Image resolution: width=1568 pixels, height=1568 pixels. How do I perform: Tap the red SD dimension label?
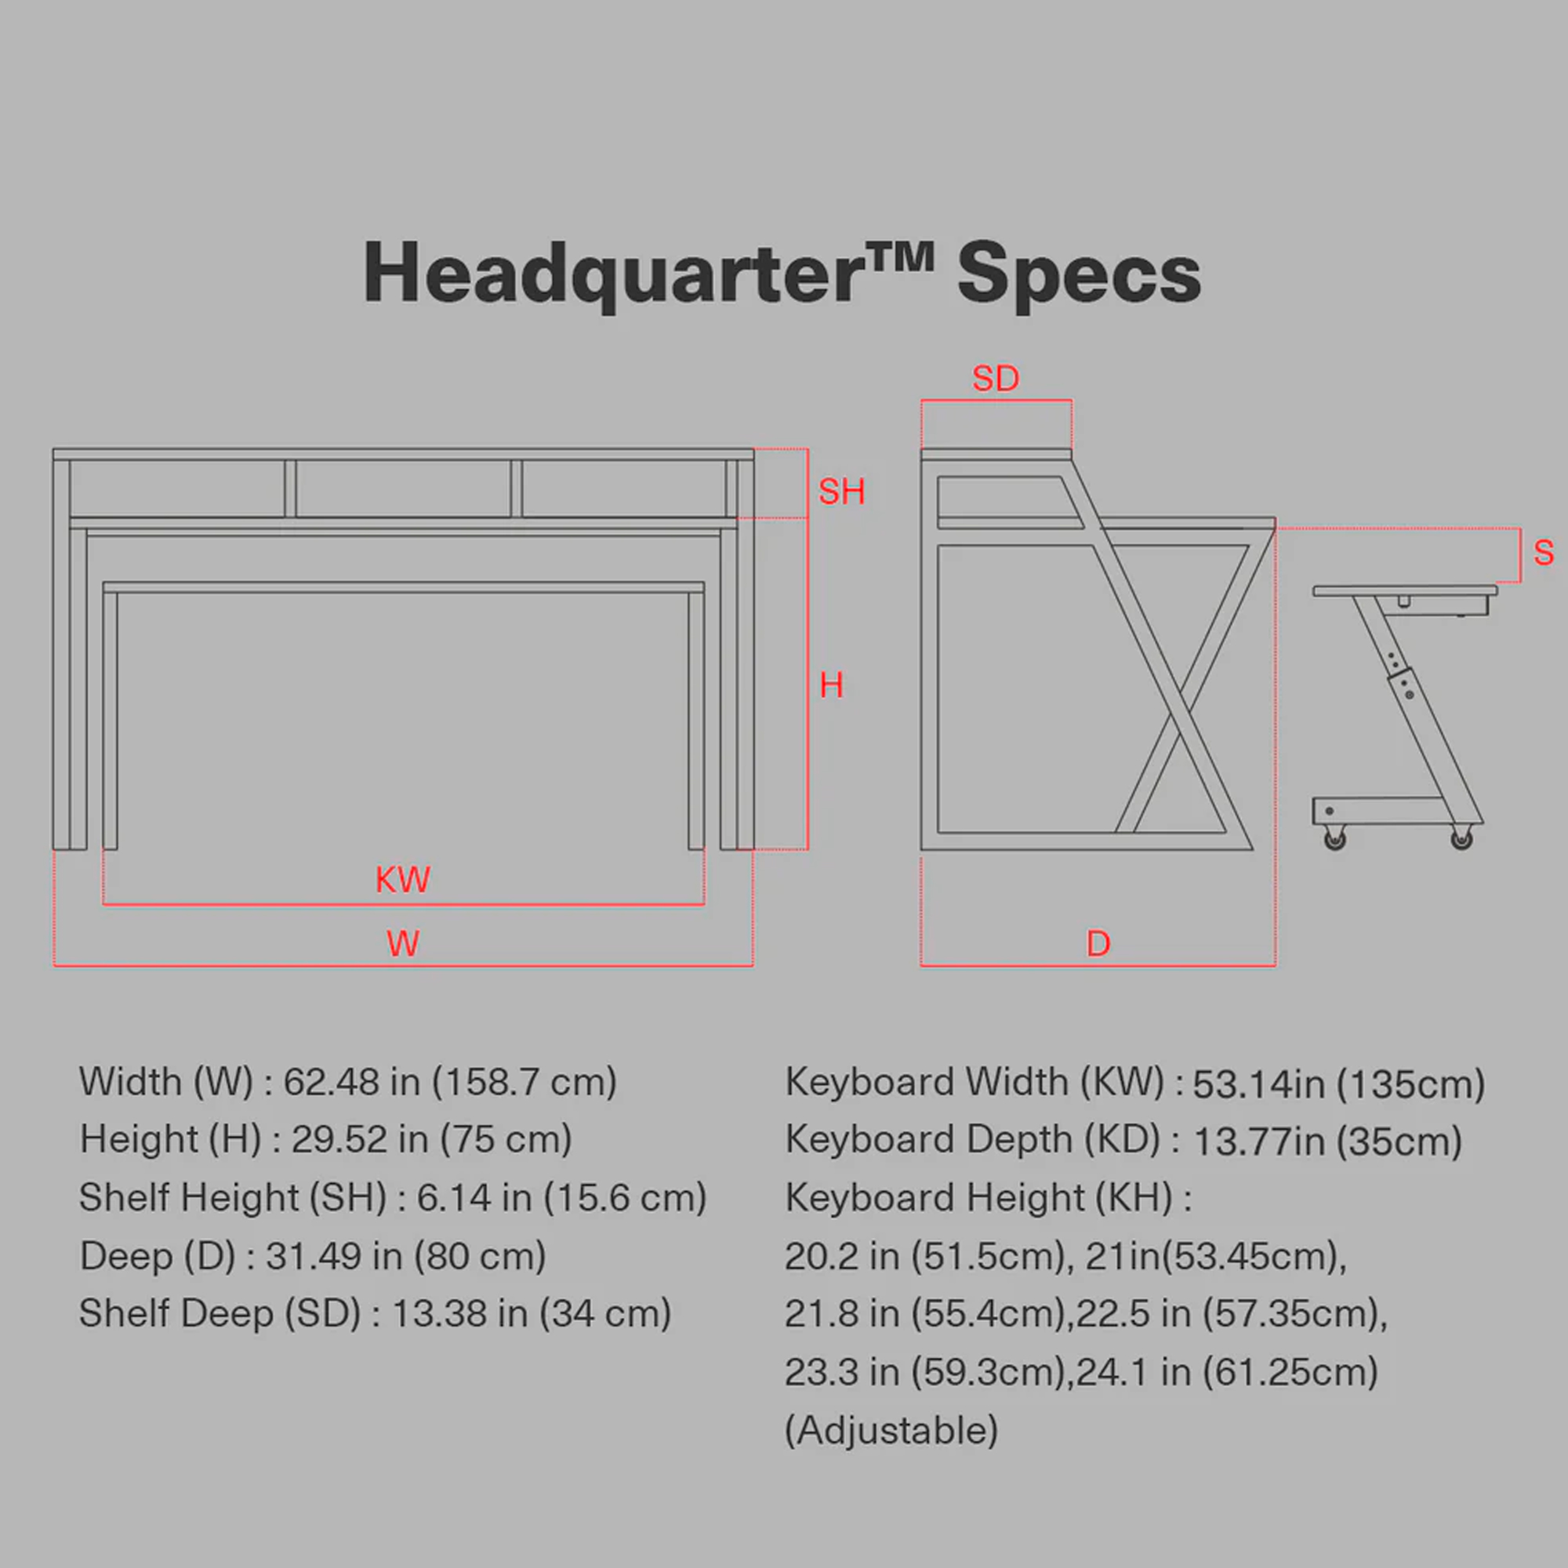995,379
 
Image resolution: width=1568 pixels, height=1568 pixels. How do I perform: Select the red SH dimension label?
841,492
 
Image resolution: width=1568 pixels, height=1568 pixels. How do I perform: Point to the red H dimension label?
831,686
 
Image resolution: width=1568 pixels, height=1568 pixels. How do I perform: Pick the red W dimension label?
402,944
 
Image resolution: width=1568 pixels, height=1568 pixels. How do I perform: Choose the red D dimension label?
1098,944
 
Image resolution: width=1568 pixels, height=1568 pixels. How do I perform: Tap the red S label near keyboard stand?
1543,554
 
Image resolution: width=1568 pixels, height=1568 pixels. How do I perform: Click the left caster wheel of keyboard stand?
1334,838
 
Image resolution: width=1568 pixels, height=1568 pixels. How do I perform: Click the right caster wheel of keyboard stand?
1461,838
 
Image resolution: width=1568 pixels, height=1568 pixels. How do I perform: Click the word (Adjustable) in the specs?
891,1430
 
